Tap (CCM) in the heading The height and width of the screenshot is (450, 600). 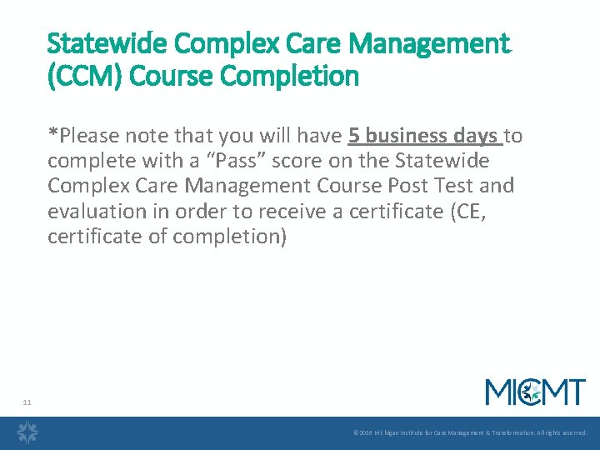pyautogui.click(x=82, y=77)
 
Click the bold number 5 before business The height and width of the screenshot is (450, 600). pyautogui.click(x=354, y=135)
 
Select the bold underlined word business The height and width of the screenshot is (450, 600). pyautogui.click(x=406, y=135)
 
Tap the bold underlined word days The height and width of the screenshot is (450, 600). pyautogui.click(x=476, y=135)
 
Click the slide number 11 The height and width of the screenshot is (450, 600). pyautogui.click(x=27, y=402)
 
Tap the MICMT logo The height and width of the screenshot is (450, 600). pyautogui.click(x=536, y=392)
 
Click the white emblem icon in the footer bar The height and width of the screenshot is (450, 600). pyautogui.click(x=28, y=432)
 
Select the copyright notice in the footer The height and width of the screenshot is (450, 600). pyautogui.click(x=471, y=433)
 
